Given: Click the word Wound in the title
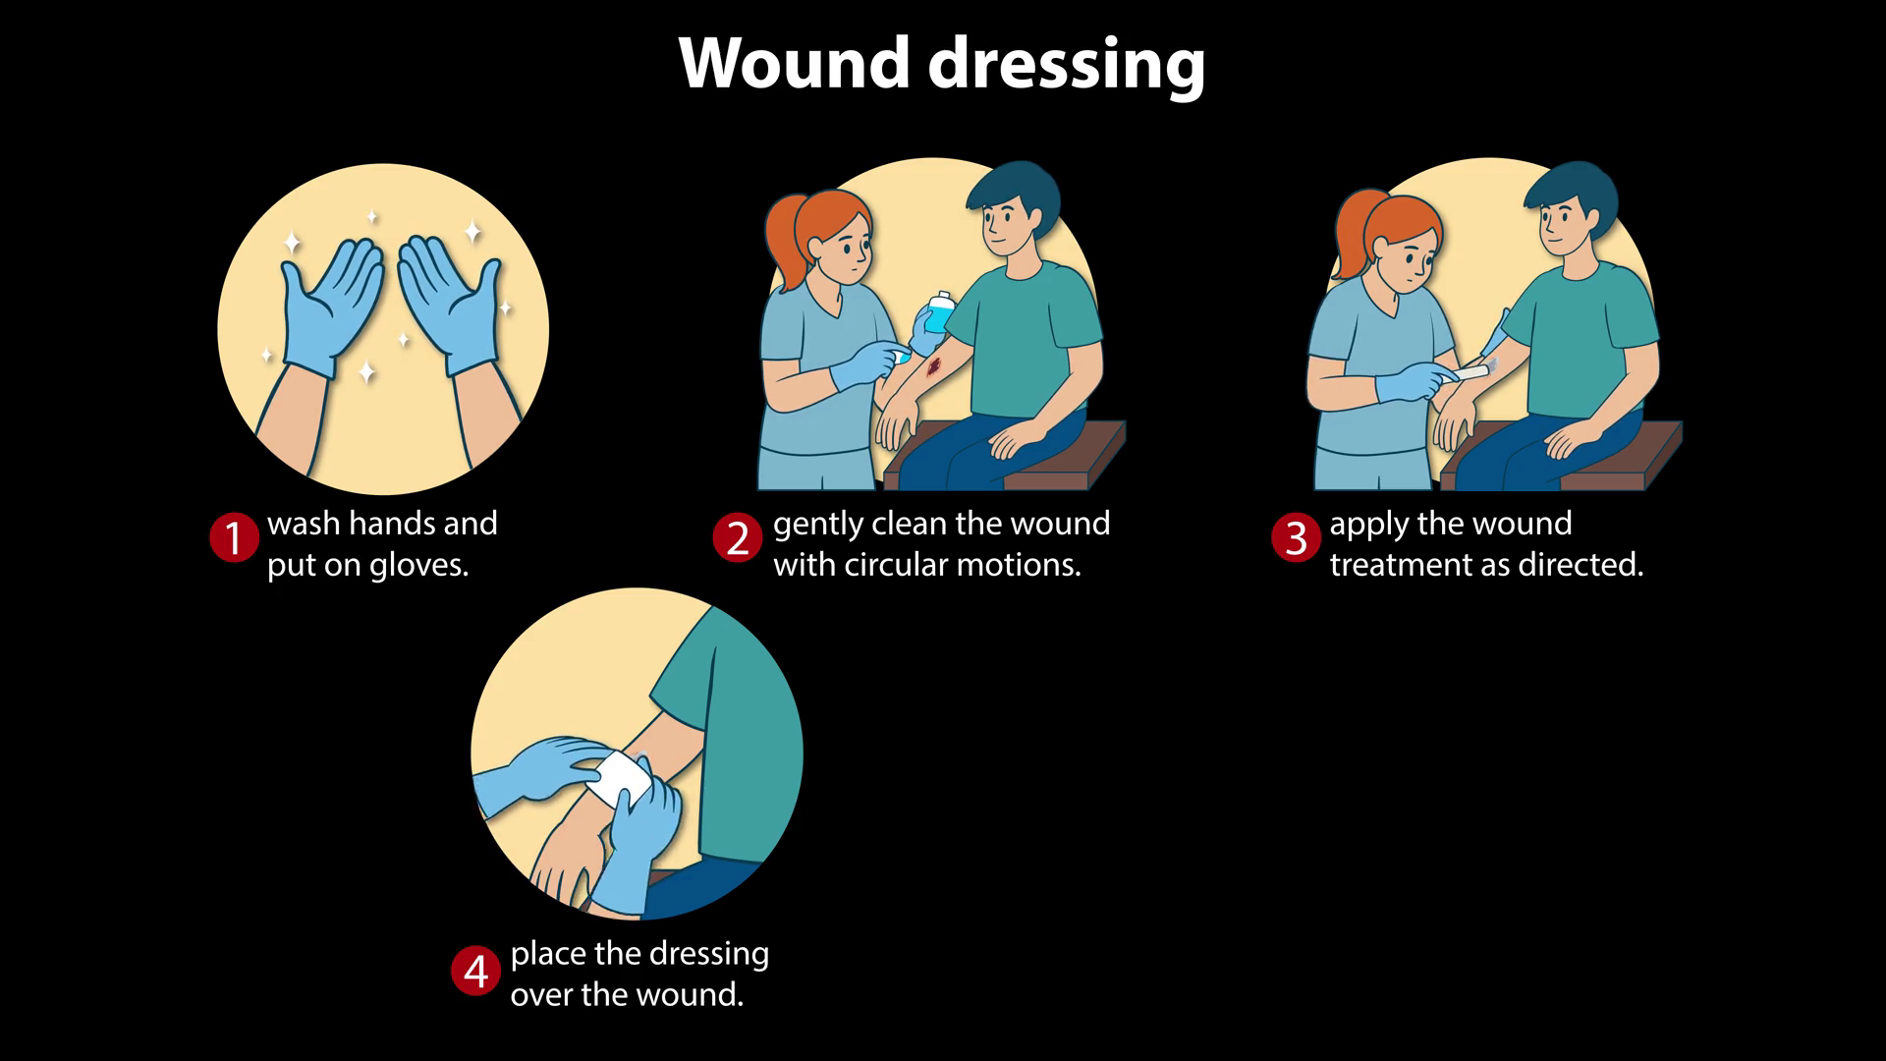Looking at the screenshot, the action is pos(795,63).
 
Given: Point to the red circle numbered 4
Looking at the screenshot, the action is pos(475,971).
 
